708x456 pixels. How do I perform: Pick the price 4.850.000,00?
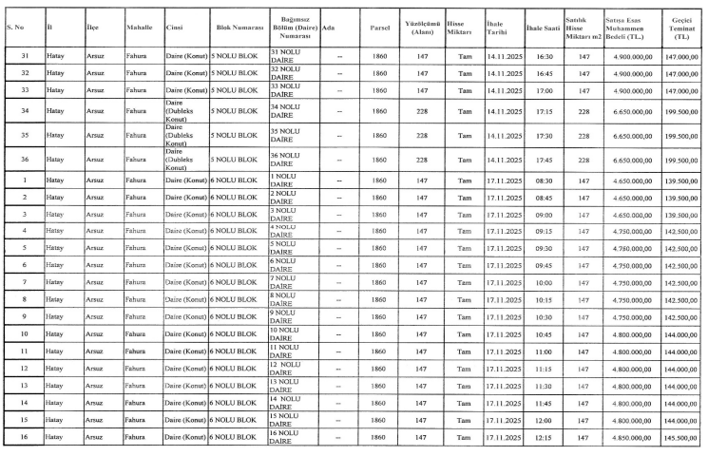pos(628,437)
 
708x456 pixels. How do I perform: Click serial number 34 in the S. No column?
pos(23,111)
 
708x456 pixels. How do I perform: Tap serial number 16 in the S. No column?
pos(23,437)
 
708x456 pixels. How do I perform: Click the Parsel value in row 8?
pos(380,298)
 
